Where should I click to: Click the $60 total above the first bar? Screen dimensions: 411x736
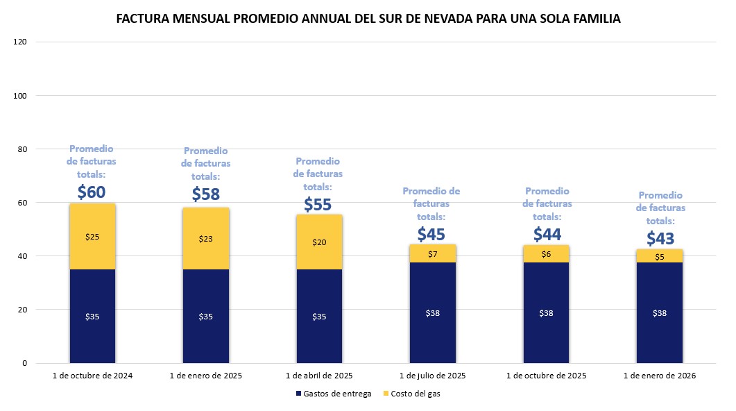click(92, 191)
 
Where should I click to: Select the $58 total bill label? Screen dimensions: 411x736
click(205, 194)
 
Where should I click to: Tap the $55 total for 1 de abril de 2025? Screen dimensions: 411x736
click(318, 204)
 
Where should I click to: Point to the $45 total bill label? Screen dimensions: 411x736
click(431, 235)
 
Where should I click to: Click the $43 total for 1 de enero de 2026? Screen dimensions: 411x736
click(660, 239)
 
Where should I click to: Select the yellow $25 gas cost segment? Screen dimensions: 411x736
click(92, 237)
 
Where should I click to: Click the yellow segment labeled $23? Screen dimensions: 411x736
click(205, 239)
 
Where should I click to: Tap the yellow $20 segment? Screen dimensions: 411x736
click(318, 242)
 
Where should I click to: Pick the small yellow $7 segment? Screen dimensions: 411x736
click(431, 253)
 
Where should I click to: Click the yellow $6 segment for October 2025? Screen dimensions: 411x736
click(547, 254)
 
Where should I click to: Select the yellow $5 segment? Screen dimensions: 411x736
click(660, 256)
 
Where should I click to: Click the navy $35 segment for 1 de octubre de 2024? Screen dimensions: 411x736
click(92, 316)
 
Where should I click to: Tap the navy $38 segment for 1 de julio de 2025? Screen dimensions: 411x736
click(431, 312)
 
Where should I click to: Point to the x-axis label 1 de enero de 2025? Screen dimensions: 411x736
click(205, 376)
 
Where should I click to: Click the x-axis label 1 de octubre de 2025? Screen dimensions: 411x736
click(547, 376)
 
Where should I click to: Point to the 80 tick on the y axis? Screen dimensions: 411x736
click(22, 149)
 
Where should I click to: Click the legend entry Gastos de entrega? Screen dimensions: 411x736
click(333, 394)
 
